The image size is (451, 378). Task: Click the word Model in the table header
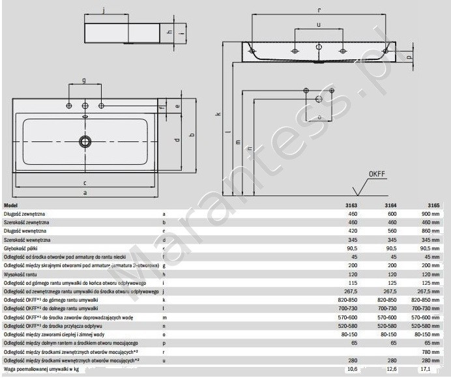tap(12, 205)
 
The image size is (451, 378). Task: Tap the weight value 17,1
tap(426, 370)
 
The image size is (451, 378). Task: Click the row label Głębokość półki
tap(23, 248)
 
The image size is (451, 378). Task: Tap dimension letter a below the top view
tap(84, 193)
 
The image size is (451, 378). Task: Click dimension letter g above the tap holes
tap(83, 80)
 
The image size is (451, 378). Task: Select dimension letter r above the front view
tap(318, 10)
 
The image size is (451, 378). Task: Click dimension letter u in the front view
tap(318, 24)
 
